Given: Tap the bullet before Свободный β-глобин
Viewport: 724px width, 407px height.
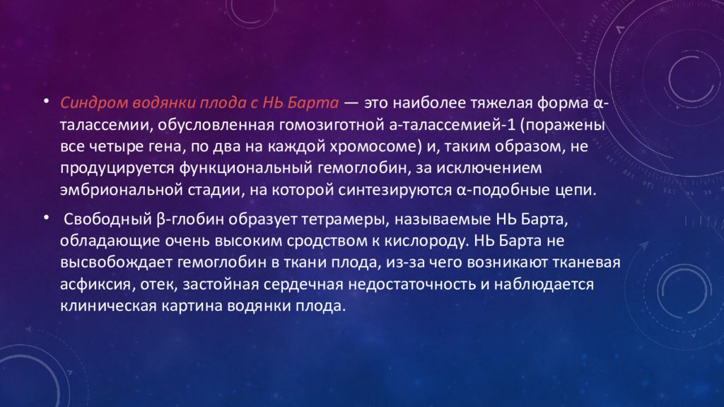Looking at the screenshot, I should (45, 214).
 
